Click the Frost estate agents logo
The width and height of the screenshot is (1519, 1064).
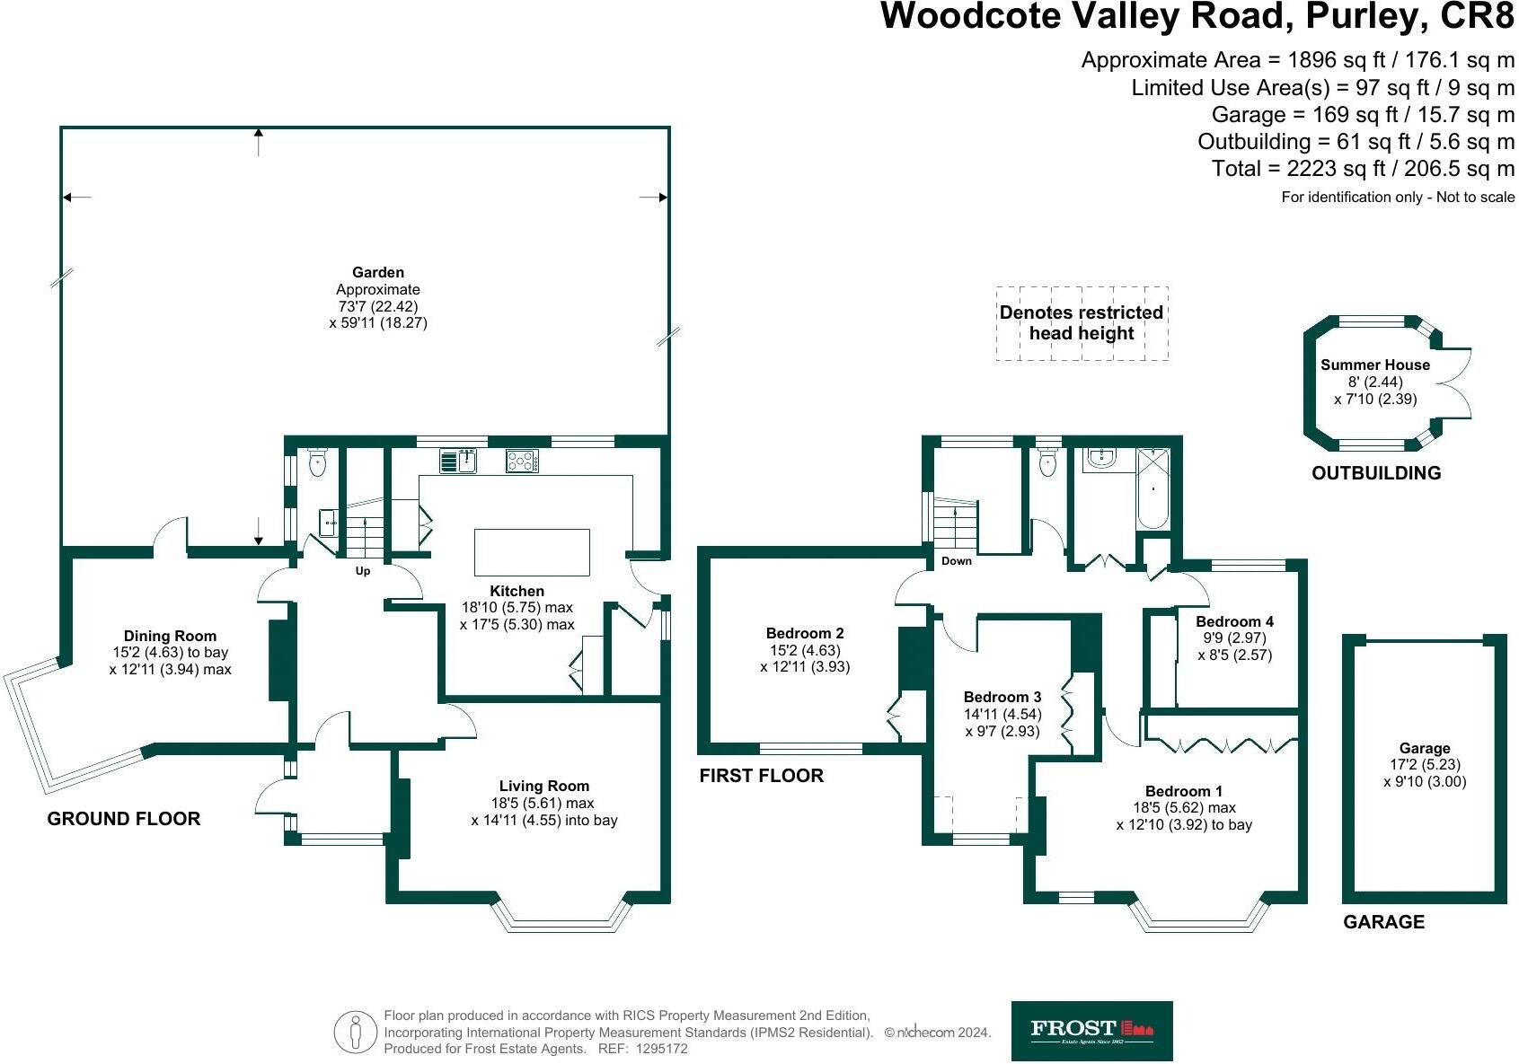point(1091,1031)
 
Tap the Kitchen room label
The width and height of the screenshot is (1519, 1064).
point(517,591)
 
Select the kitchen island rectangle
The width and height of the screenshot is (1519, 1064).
point(532,552)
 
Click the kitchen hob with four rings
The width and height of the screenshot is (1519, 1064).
point(522,461)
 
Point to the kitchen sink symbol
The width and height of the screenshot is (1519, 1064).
point(458,461)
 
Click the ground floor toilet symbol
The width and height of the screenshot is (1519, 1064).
point(317,462)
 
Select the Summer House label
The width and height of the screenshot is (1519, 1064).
point(1374,365)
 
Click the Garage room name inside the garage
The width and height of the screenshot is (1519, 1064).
point(1424,748)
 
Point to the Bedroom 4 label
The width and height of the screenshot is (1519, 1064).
point(1234,621)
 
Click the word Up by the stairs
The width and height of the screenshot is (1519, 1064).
point(363,571)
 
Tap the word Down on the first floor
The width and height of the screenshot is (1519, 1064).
point(956,561)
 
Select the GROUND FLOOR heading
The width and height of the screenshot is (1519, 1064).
point(124,819)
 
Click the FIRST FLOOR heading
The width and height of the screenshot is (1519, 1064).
point(761,776)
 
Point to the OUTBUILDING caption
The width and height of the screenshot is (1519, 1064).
point(1375,473)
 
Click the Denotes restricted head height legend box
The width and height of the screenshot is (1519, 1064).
point(1082,323)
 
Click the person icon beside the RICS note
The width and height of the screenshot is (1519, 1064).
point(356,1033)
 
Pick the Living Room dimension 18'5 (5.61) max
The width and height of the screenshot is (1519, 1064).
point(543,803)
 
